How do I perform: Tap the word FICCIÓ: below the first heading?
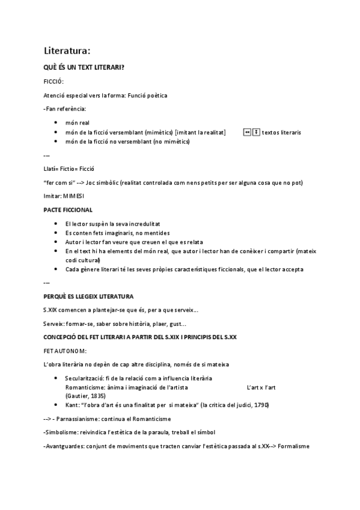pyautogui.click(x=53, y=81)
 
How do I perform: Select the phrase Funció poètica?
pyautogui.click(x=148, y=95)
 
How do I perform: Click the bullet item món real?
pyautogui.click(x=78, y=122)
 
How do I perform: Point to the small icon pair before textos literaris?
pyautogui.click(x=251, y=132)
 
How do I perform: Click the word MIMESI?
pyautogui.click(x=76, y=196)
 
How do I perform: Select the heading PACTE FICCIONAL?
pyautogui.click(x=68, y=210)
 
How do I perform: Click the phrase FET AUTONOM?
pyautogui.click(x=65, y=351)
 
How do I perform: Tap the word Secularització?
pyautogui.click(x=85, y=378)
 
